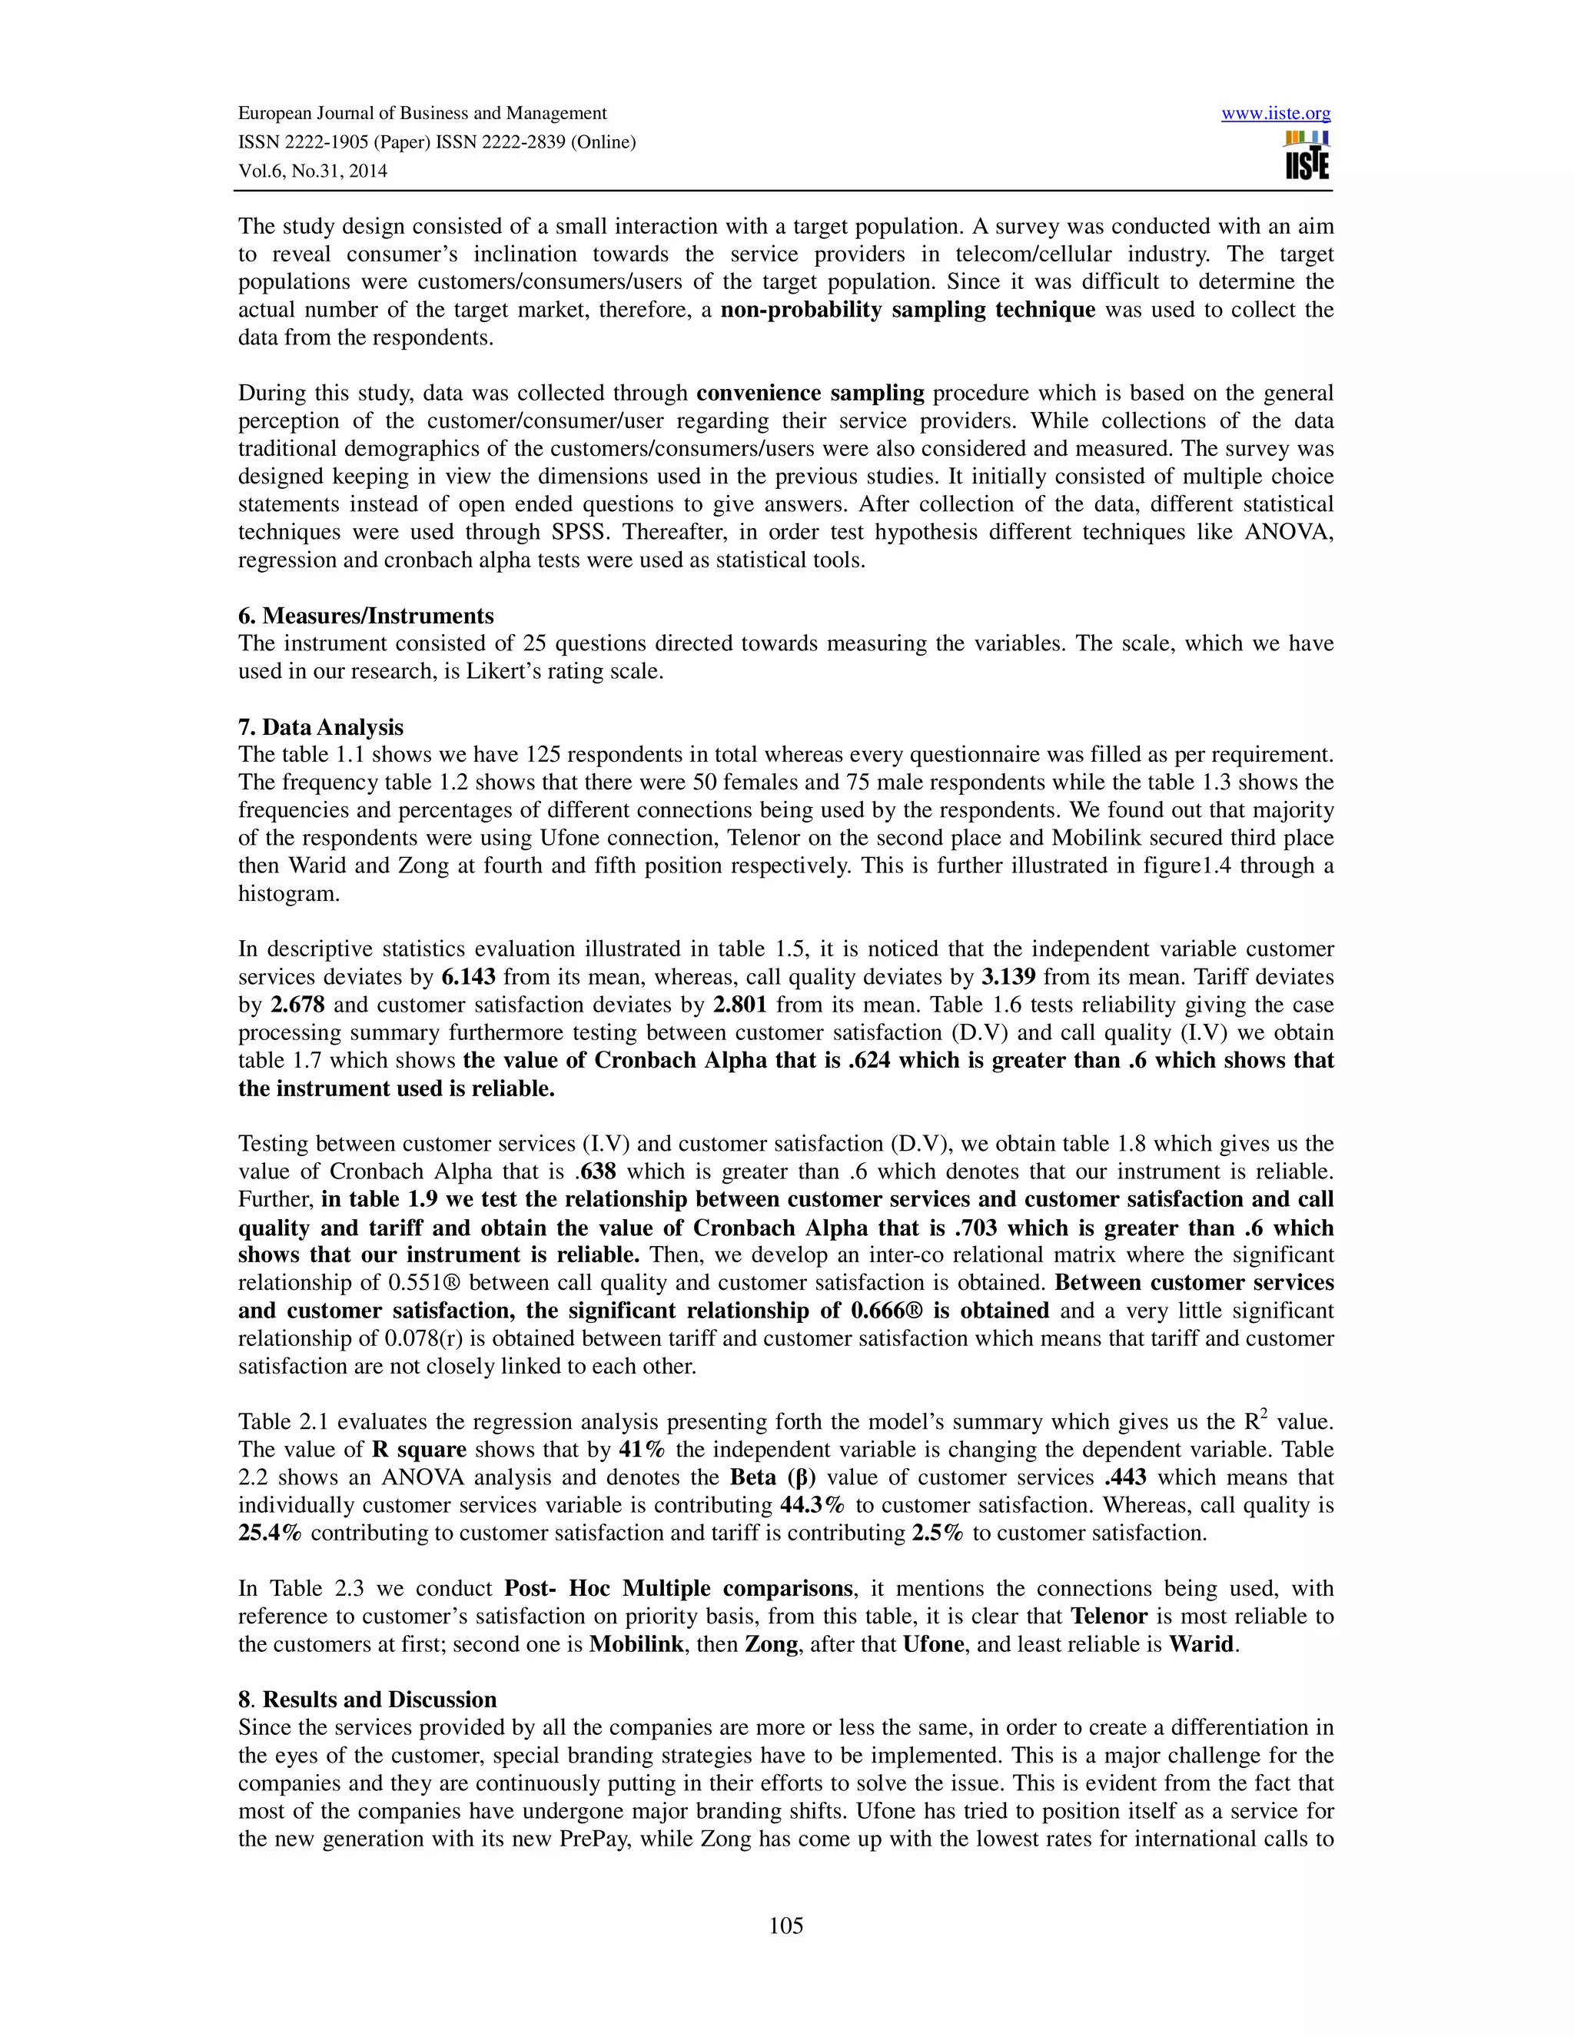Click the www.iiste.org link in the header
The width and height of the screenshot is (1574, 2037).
tap(1276, 114)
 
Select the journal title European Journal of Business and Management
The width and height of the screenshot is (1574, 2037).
tap(423, 114)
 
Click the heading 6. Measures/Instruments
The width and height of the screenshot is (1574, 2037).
tap(366, 616)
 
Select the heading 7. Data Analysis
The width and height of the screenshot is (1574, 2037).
tap(320, 726)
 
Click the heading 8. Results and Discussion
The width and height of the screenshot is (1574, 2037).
tap(367, 1700)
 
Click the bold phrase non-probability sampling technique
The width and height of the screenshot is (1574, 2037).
tap(908, 310)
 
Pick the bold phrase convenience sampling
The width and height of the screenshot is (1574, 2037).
tap(809, 393)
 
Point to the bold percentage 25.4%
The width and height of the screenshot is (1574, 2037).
tap(271, 1533)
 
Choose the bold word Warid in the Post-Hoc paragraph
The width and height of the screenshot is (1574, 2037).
tap(1203, 1643)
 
